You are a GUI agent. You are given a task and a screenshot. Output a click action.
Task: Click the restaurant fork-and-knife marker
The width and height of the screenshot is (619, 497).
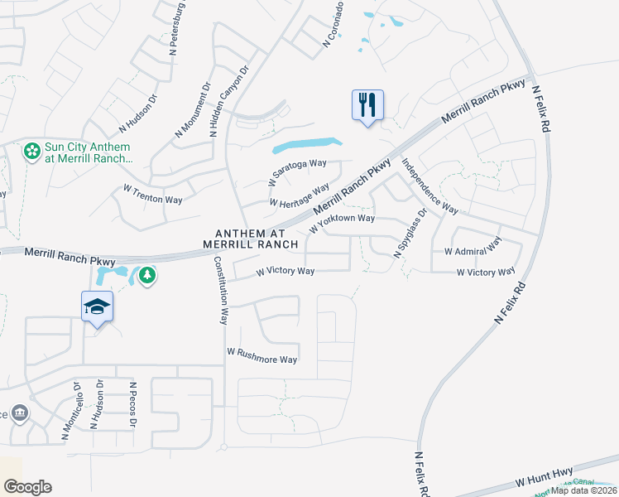click(367, 105)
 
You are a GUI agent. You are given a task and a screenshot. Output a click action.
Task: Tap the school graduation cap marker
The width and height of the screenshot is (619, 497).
click(97, 307)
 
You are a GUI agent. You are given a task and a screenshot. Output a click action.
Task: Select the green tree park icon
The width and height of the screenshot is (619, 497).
click(146, 274)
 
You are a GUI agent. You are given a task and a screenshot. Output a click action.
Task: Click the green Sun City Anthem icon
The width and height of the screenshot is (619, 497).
click(31, 152)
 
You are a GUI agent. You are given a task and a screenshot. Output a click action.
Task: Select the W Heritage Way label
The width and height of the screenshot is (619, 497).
click(300, 195)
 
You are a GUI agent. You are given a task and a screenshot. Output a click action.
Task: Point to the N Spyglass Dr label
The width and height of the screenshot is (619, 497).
click(410, 234)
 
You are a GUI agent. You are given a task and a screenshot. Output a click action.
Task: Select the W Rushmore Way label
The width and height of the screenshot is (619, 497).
click(262, 355)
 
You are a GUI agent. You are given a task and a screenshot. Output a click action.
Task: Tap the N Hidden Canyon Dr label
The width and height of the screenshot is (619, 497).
click(229, 104)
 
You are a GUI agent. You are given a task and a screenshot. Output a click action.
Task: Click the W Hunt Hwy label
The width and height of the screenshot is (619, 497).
click(544, 475)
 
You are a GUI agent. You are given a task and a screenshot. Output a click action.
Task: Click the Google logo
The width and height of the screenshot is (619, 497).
click(26, 487)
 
